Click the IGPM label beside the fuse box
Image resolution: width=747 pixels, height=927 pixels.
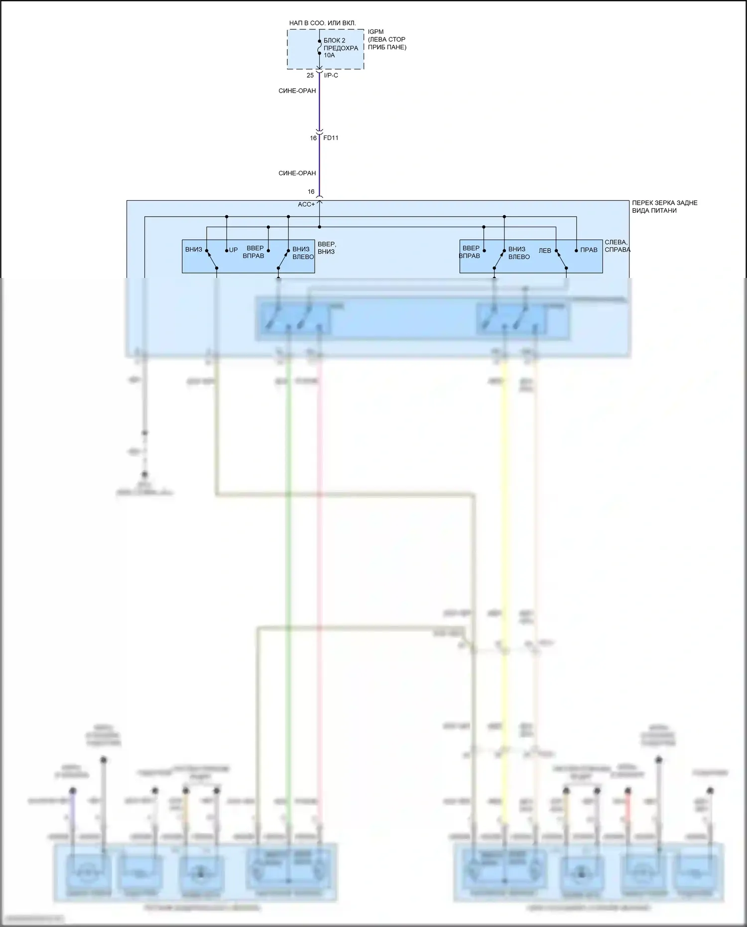[375, 32]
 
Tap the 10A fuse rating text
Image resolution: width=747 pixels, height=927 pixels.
[329, 55]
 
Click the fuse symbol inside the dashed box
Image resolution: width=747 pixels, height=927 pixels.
[319, 47]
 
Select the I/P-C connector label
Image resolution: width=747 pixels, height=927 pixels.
[331, 75]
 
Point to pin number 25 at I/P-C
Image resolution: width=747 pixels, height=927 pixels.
[310, 75]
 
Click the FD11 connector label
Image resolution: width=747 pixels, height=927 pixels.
[331, 138]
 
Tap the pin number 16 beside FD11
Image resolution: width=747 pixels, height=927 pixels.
[313, 138]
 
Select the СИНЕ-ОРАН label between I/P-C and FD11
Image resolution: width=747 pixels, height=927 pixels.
[297, 91]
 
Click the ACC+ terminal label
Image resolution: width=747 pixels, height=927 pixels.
[306, 204]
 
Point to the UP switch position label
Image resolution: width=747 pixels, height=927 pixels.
[234, 250]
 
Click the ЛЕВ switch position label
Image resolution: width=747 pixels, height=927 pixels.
[545, 251]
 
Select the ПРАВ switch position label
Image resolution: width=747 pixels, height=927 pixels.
[589, 250]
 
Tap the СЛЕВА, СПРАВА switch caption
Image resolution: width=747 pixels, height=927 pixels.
[617, 246]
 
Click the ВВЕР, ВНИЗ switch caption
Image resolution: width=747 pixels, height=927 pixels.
[327, 248]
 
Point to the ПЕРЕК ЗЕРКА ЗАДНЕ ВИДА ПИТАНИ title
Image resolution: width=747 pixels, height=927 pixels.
[664, 207]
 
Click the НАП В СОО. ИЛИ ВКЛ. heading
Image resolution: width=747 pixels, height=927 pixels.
[323, 23]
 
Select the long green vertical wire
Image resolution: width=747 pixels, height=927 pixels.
[288, 548]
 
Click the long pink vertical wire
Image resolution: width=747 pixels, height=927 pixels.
[320, 548]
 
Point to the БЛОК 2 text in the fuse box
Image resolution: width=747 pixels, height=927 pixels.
[334, 40]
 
